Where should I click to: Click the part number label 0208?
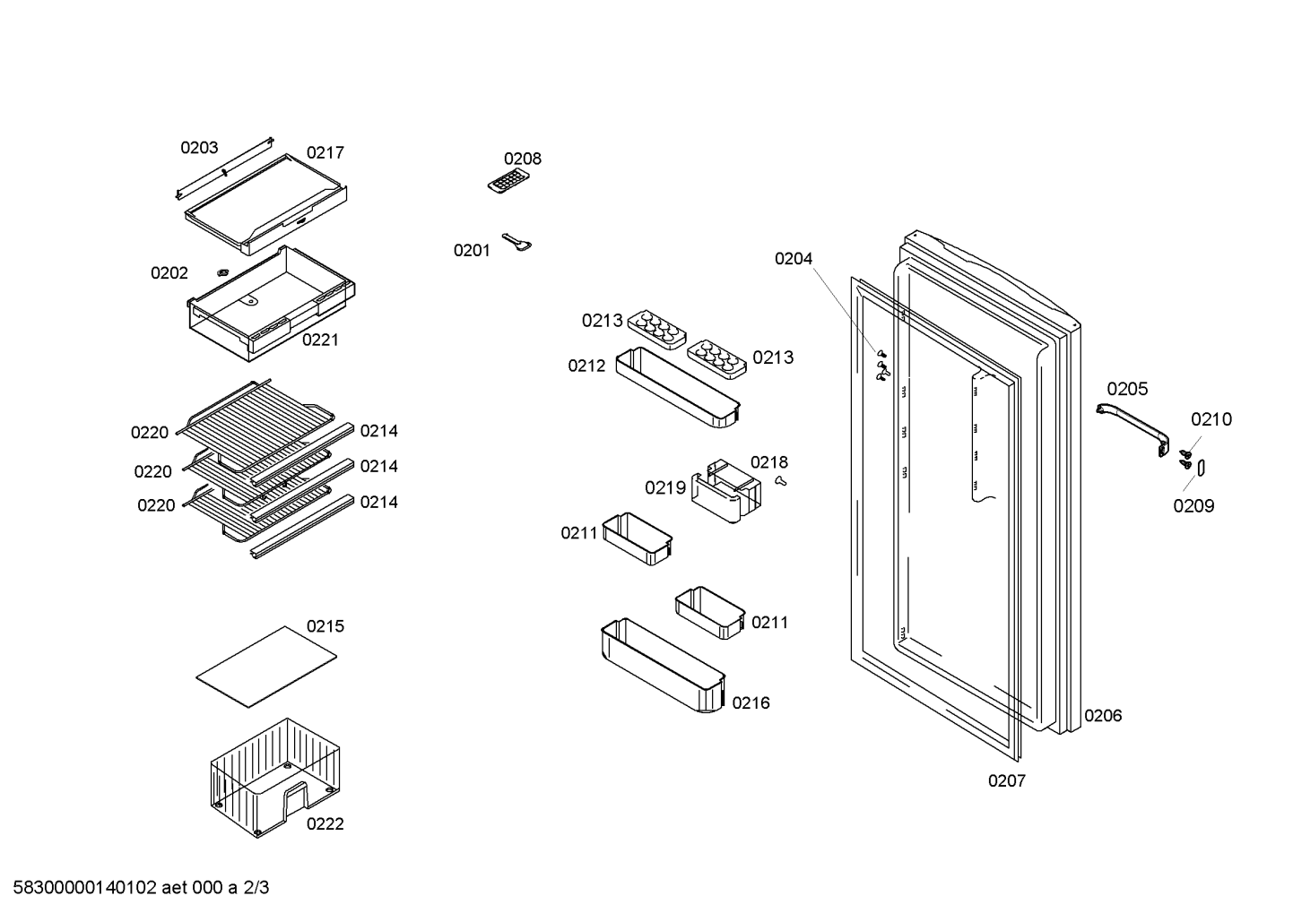click(x=523, y=159)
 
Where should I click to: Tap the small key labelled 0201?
click(x=516, y=242)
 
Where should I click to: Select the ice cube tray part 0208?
click(x=508, y=182)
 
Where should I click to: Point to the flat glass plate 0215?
click(x=266, y=666)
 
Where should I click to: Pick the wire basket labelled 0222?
click(x=275, y=778)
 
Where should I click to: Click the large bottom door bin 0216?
click(x=663, y=665)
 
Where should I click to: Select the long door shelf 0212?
click(x=678, y=387)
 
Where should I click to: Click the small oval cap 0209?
click(x=1202, y=468)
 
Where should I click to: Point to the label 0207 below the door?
click(x=1007, y=781)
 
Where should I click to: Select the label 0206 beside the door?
click(x=1103, y=716)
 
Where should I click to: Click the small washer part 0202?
click(x=222, y=271)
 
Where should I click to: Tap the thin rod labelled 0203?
click(x=224, y=168)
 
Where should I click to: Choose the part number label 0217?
click(x=325, y=153)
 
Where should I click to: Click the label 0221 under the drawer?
click(x=320, y=340)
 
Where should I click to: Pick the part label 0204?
click(x=794, y=259)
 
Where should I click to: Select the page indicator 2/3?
click(x=256, y=888)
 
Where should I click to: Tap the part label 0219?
click(x=665, y=488)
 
